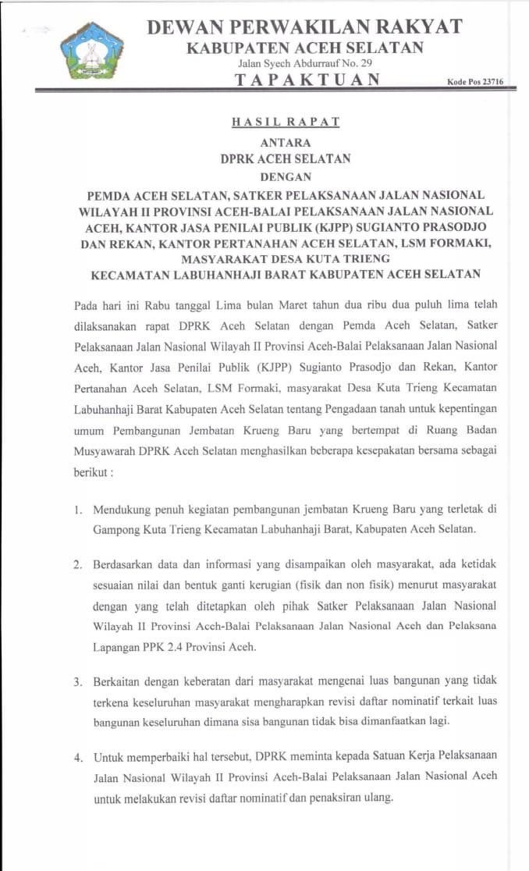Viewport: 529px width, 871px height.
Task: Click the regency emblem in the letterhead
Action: tap(92, 52)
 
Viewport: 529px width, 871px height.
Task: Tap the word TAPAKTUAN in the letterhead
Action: tap(308, 80)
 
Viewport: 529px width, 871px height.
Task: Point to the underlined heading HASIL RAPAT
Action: tap(286, 122)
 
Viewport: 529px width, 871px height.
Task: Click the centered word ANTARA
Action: tap(286, 143)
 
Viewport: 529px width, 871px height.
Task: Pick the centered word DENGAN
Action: tap(286, 177)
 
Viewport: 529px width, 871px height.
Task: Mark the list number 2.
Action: tap(78, 565)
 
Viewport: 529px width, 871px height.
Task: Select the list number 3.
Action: tap(78, 682)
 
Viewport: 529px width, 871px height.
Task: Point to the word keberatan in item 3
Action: tap(215, 682)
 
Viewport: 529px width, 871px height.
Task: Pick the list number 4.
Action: tap(78, 757)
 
